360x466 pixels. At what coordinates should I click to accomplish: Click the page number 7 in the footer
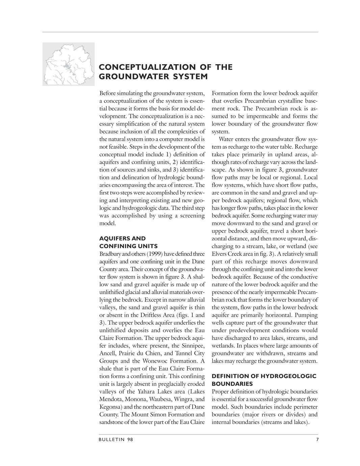tap(317, 439)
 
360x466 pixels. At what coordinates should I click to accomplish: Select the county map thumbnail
tap(69, 64)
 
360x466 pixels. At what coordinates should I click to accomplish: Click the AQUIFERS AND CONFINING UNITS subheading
tap(128, 242)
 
